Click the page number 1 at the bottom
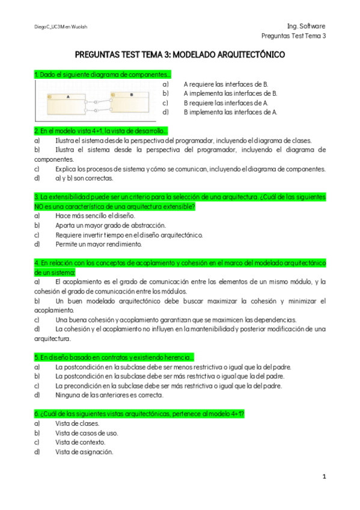point(324,476)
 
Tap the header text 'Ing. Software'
point(306,26)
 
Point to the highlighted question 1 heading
point(102,75)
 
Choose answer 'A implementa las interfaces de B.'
point(230,93)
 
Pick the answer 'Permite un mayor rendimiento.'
point(90,244)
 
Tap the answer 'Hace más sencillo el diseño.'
point(87,215)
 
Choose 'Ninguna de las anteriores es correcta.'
point(109,395)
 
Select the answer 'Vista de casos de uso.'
point(87,432)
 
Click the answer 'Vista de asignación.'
point(84,452)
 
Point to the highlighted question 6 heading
point(139,414)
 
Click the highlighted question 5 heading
point(114,357)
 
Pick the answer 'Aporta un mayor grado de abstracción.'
point(102,225)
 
